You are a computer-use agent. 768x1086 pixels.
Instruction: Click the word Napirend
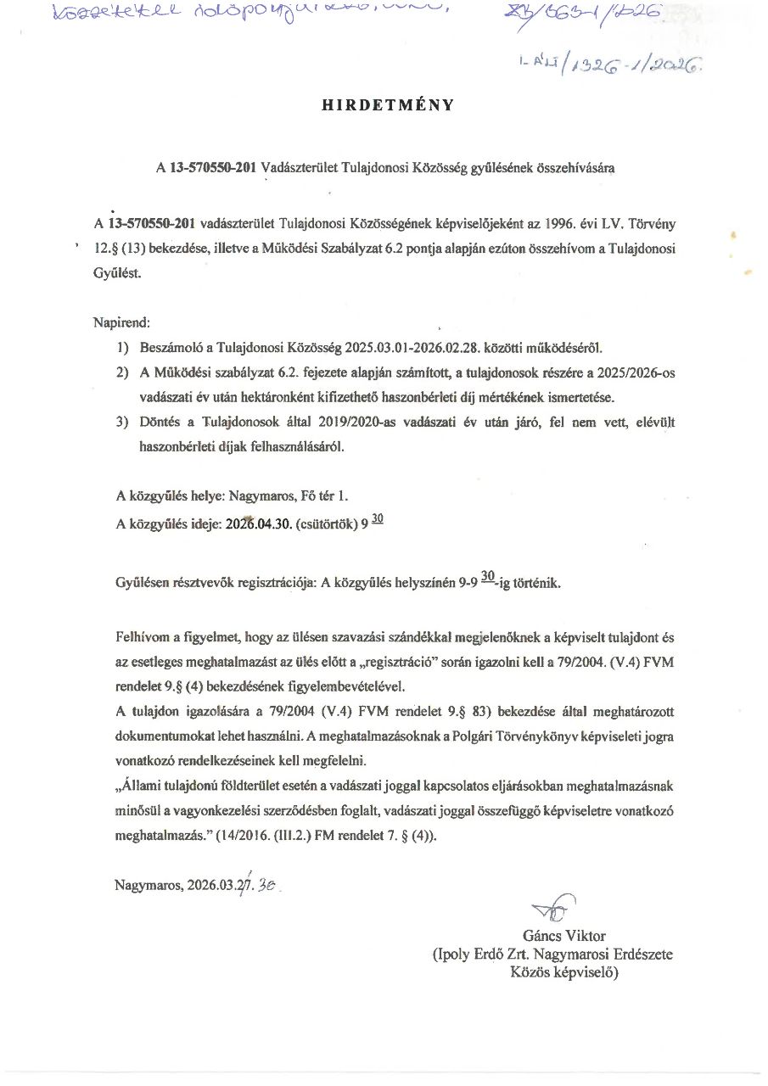120,323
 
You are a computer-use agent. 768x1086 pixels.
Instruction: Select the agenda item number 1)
124,348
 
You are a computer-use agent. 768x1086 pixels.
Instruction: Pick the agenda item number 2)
124,372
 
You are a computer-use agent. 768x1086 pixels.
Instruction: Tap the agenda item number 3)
124,423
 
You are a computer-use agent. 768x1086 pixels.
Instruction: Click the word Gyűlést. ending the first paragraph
119,274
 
